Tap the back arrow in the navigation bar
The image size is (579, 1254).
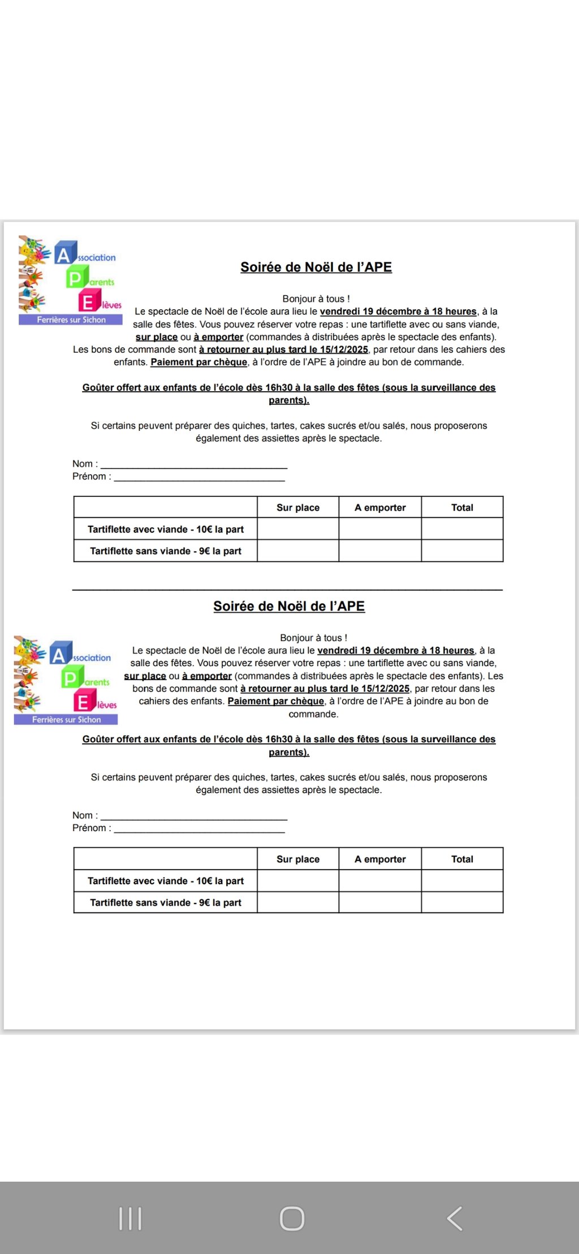tap(455, 1218)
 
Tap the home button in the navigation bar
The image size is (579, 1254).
tap(292, 1218)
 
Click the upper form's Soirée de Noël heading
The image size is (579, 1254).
tap(316, 267)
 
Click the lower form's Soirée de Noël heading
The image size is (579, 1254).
tap(289, 606)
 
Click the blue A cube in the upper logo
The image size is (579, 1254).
tap(65, 254)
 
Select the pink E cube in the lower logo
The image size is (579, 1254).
tap(84, 702)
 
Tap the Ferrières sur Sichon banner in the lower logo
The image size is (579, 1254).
tap(66, 720)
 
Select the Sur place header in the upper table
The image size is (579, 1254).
tap(298, 508)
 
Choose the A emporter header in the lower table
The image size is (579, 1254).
tap(380, 859)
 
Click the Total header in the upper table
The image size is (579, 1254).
tap(462, 508)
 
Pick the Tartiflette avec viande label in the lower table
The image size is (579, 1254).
tap(166, 881)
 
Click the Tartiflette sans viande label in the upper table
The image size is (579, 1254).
tap(166, 551)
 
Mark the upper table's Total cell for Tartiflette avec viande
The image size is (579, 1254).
tap(462, 529)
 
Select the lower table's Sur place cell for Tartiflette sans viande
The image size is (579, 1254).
tap(298, 902)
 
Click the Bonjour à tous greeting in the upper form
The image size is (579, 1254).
tap(316, 299)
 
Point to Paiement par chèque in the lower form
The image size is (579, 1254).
tap(276, 701)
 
